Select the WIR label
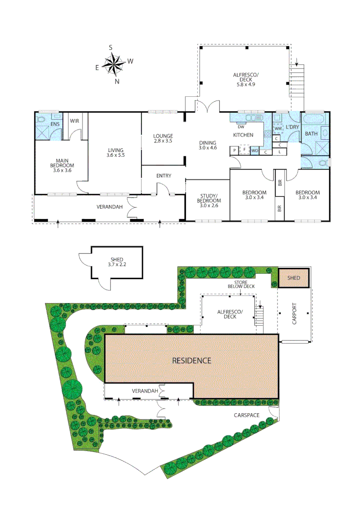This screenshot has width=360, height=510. [x=75, y=121]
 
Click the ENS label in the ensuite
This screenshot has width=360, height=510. [x=55, y=124]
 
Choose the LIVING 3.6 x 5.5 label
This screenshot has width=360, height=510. [x=115, y=152]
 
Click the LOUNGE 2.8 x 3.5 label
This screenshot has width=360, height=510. [x=163, y=138]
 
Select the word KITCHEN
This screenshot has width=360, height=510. [x=243, y=135]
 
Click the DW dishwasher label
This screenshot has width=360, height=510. [x=241, y=127]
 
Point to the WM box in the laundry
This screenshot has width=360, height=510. [x=278, y=128]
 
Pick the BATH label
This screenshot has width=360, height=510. [x=311, y=134]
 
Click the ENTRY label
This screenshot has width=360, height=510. [x=164, y=176]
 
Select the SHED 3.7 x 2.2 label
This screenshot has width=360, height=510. [x=117, y=262]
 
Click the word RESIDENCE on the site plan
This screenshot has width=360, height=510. [x=191, y=360]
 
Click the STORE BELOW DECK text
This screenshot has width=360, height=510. [x=241, y=284]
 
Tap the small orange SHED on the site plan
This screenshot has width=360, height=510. [x=293, y=278]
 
